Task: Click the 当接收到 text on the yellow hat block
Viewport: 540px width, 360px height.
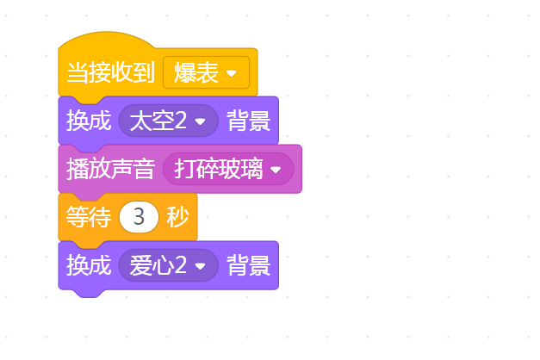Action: tap(110, 72)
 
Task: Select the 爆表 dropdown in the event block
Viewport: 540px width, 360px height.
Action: tap(206, 72)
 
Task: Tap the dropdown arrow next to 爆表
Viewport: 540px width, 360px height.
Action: tap(231, 73)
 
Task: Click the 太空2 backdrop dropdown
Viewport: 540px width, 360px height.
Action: tap(169, 121)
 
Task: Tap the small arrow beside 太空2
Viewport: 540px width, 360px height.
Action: tap(200, 121)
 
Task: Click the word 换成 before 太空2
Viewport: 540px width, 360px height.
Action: tap(89, 121)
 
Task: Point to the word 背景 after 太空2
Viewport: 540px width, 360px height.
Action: tap(248, 121)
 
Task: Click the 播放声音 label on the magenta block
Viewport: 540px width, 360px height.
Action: tap(110, 169)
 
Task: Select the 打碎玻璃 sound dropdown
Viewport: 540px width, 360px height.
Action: tap(228, 169)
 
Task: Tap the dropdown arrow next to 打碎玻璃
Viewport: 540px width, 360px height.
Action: tap(276, 170)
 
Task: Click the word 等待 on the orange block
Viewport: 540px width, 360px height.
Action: tap(89, 217)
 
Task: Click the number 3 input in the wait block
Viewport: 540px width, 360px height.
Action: tap(139, 217)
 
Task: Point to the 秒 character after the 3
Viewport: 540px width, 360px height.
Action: tap(177, 217)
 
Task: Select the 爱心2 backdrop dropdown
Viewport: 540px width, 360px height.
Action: tap(169, 265)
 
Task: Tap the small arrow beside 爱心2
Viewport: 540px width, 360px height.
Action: tap(200, 266)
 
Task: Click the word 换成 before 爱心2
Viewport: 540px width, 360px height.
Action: tap(89, 265)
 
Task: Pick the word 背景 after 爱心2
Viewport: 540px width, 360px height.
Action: tap(248, 265)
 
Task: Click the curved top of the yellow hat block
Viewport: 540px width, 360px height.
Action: tap(107, 35)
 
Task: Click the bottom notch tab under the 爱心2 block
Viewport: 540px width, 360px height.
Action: tap(90, 293)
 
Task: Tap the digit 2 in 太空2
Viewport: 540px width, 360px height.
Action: tap(181, 121)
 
